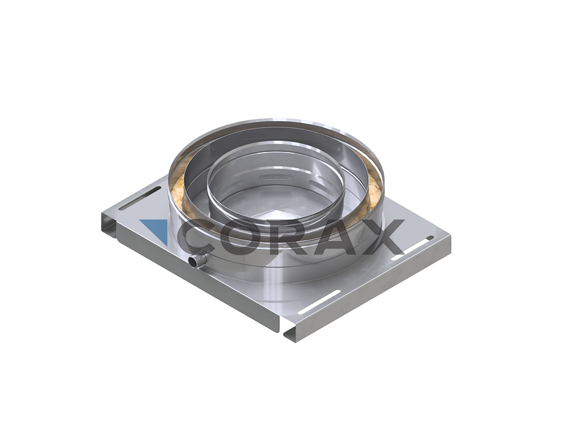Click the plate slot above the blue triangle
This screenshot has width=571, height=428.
[x=139, y=198]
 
